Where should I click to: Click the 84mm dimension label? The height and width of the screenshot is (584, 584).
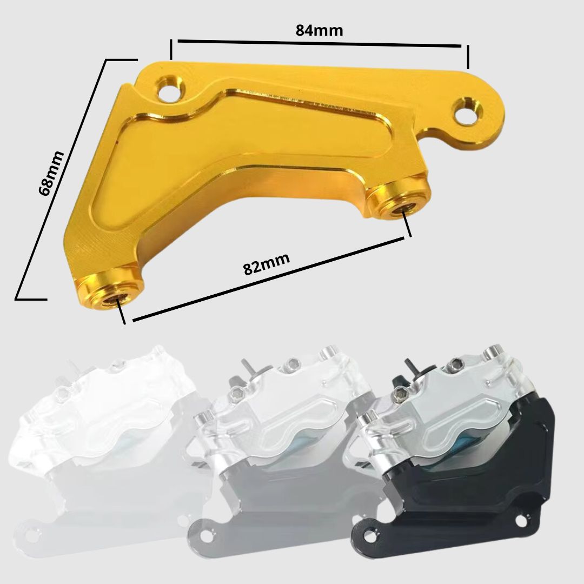pos(319,30)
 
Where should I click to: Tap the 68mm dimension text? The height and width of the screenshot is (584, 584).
pos(51,173)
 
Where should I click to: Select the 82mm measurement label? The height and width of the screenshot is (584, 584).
pos(266,263)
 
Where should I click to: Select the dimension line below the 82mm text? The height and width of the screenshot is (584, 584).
pos(269,278)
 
